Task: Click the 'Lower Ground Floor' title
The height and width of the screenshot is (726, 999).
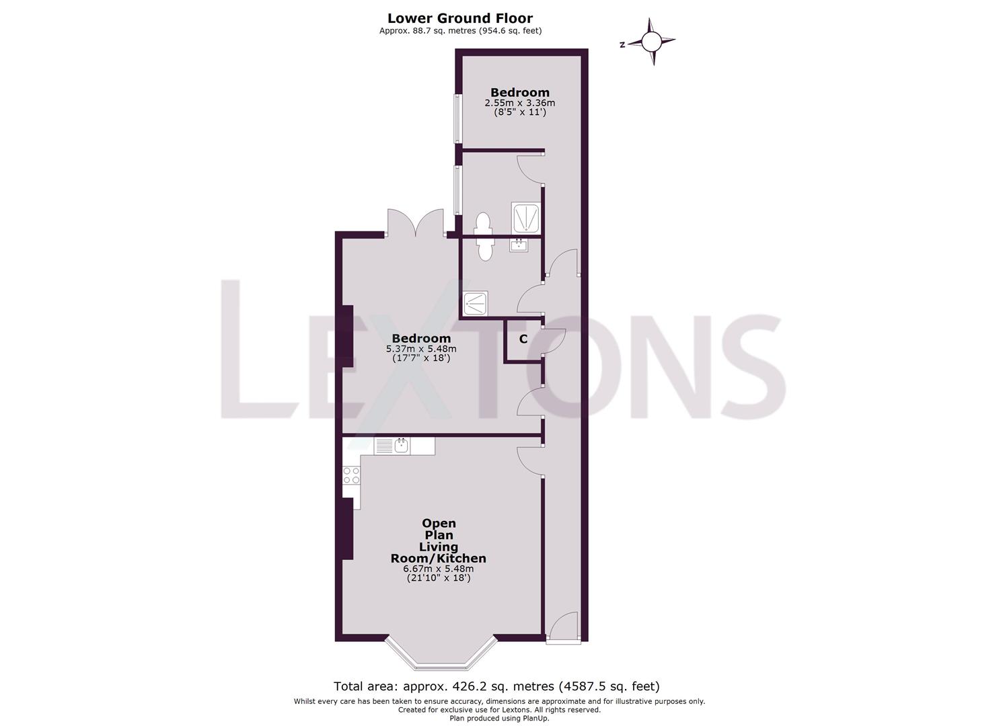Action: pos(460,18)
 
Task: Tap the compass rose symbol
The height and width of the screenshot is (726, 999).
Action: pos(651,42)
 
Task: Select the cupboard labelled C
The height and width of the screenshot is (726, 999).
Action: pos(523,340)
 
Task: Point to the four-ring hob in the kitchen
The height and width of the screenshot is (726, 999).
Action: pos(351,475)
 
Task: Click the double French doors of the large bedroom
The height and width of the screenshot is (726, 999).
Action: pos(416,224)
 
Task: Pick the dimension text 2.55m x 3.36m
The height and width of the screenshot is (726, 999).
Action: pos(519,103)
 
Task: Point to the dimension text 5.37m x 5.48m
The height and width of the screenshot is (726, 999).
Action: pos(420,349)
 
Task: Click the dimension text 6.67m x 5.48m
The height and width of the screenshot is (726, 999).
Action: pos(438,568)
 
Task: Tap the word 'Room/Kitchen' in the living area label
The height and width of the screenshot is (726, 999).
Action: pos(438,558)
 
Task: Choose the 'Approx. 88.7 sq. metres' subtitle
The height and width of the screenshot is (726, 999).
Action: pos(460,30)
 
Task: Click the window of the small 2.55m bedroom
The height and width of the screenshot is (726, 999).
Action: pos(457,118)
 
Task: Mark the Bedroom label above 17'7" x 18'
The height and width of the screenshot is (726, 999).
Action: pos(421,338)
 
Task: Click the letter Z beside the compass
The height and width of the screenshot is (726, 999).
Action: pos(622,44)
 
